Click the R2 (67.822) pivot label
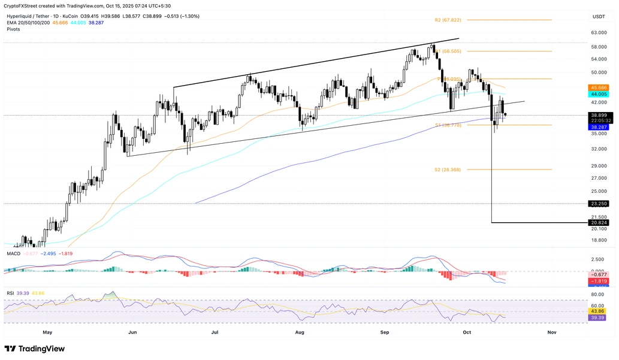click(448, 20)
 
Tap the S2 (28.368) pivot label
click(448, 170)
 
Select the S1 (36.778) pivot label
click(448, 125)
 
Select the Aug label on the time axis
click(300, 331)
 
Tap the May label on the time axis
click(47, 331)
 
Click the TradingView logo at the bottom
click(35, 349)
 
